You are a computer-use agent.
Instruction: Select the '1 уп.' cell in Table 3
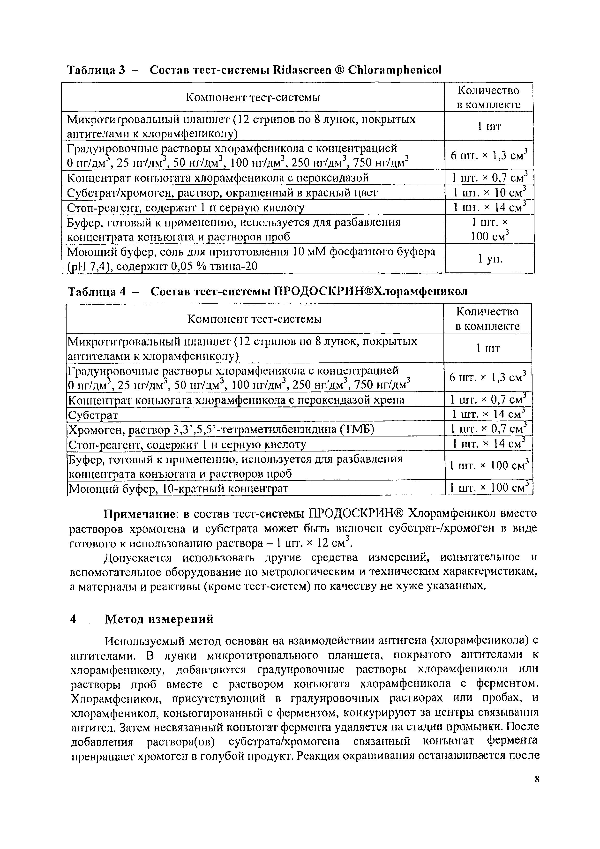(489, 259)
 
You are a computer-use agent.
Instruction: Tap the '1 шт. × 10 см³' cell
(489, 193)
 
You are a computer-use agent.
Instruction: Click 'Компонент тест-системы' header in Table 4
(254, 319)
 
